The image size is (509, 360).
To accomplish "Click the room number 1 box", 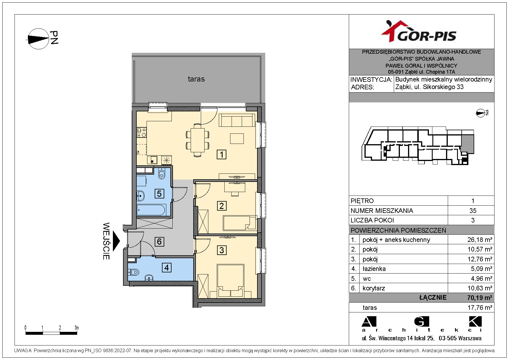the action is pos(222,154).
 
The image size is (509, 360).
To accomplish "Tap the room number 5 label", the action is pos(159,193).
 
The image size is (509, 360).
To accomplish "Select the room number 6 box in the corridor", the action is pos(159,241).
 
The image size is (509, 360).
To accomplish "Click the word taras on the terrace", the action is pos(196,79).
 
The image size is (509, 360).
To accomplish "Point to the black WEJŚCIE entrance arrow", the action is pos(116,241).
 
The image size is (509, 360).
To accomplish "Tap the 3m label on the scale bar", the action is pos(77,328).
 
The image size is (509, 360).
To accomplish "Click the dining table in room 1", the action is pos(198,140).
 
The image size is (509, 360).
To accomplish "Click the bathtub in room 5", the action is pos(151,209).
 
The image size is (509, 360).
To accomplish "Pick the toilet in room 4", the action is pos(133,272).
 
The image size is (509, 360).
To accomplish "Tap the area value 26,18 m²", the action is pos(480,240).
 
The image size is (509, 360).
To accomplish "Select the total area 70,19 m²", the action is pos(480,298).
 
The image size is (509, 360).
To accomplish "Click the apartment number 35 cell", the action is pos(473,211).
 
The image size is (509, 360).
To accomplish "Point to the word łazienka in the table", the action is pos(374,269).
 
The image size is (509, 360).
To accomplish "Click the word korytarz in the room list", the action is pos(374,288).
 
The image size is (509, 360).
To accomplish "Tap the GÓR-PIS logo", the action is pos(419,32).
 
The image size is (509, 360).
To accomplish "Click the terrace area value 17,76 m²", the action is pos(480,307).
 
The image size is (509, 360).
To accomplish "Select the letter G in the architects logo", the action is pos(421,321).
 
